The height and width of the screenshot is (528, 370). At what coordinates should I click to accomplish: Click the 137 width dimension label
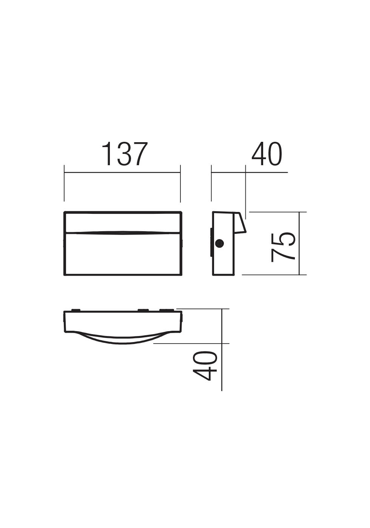click(x=125, y=154)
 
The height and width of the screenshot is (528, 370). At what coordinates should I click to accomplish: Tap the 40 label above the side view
click(x=267, y=154)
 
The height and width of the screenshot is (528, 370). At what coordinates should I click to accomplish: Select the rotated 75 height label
click(x=283, y=247)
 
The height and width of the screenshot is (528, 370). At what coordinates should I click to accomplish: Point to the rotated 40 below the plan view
click(x=205, y=366)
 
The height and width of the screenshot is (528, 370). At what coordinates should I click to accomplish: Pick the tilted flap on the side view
click(x=240, y=223)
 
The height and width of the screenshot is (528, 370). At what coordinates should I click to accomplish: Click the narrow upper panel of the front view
click(x=122, y=222)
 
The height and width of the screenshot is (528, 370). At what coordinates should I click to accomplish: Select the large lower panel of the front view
click(x=122, y=254)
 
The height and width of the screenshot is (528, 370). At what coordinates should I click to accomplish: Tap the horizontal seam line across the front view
click(x=122, y=232)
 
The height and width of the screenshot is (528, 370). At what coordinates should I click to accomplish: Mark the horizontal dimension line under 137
click(x=122, y=172)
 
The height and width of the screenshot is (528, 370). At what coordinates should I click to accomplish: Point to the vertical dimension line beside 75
click(x=299, y=243)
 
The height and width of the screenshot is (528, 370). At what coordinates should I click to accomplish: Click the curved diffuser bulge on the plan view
click(x=122, y=339)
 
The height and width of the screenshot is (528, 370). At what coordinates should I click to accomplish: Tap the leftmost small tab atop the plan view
click(x=76, y=310)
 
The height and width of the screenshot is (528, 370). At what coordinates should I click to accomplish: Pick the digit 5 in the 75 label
click(x=283, y=239)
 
